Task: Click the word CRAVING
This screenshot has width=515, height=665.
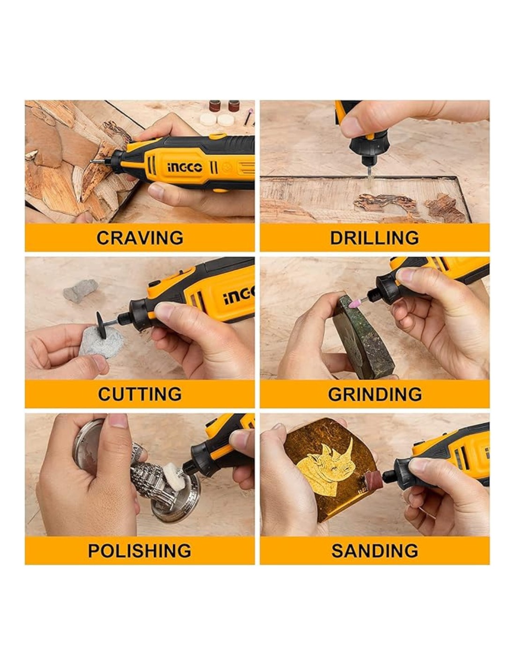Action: coord(140,238)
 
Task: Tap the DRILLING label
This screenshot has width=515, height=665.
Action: coord(375,238)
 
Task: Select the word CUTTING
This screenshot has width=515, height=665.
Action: coord(140,394)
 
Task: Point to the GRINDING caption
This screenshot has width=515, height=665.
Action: coord(375,394)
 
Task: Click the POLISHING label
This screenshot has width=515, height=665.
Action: coord(140,550)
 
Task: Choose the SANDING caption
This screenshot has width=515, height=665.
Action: coord(375,550)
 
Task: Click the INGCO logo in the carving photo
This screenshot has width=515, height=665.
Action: coord(185,167)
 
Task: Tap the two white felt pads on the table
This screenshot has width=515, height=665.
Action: coord(216,119)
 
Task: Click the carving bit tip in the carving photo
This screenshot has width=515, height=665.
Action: coord(91,161)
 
